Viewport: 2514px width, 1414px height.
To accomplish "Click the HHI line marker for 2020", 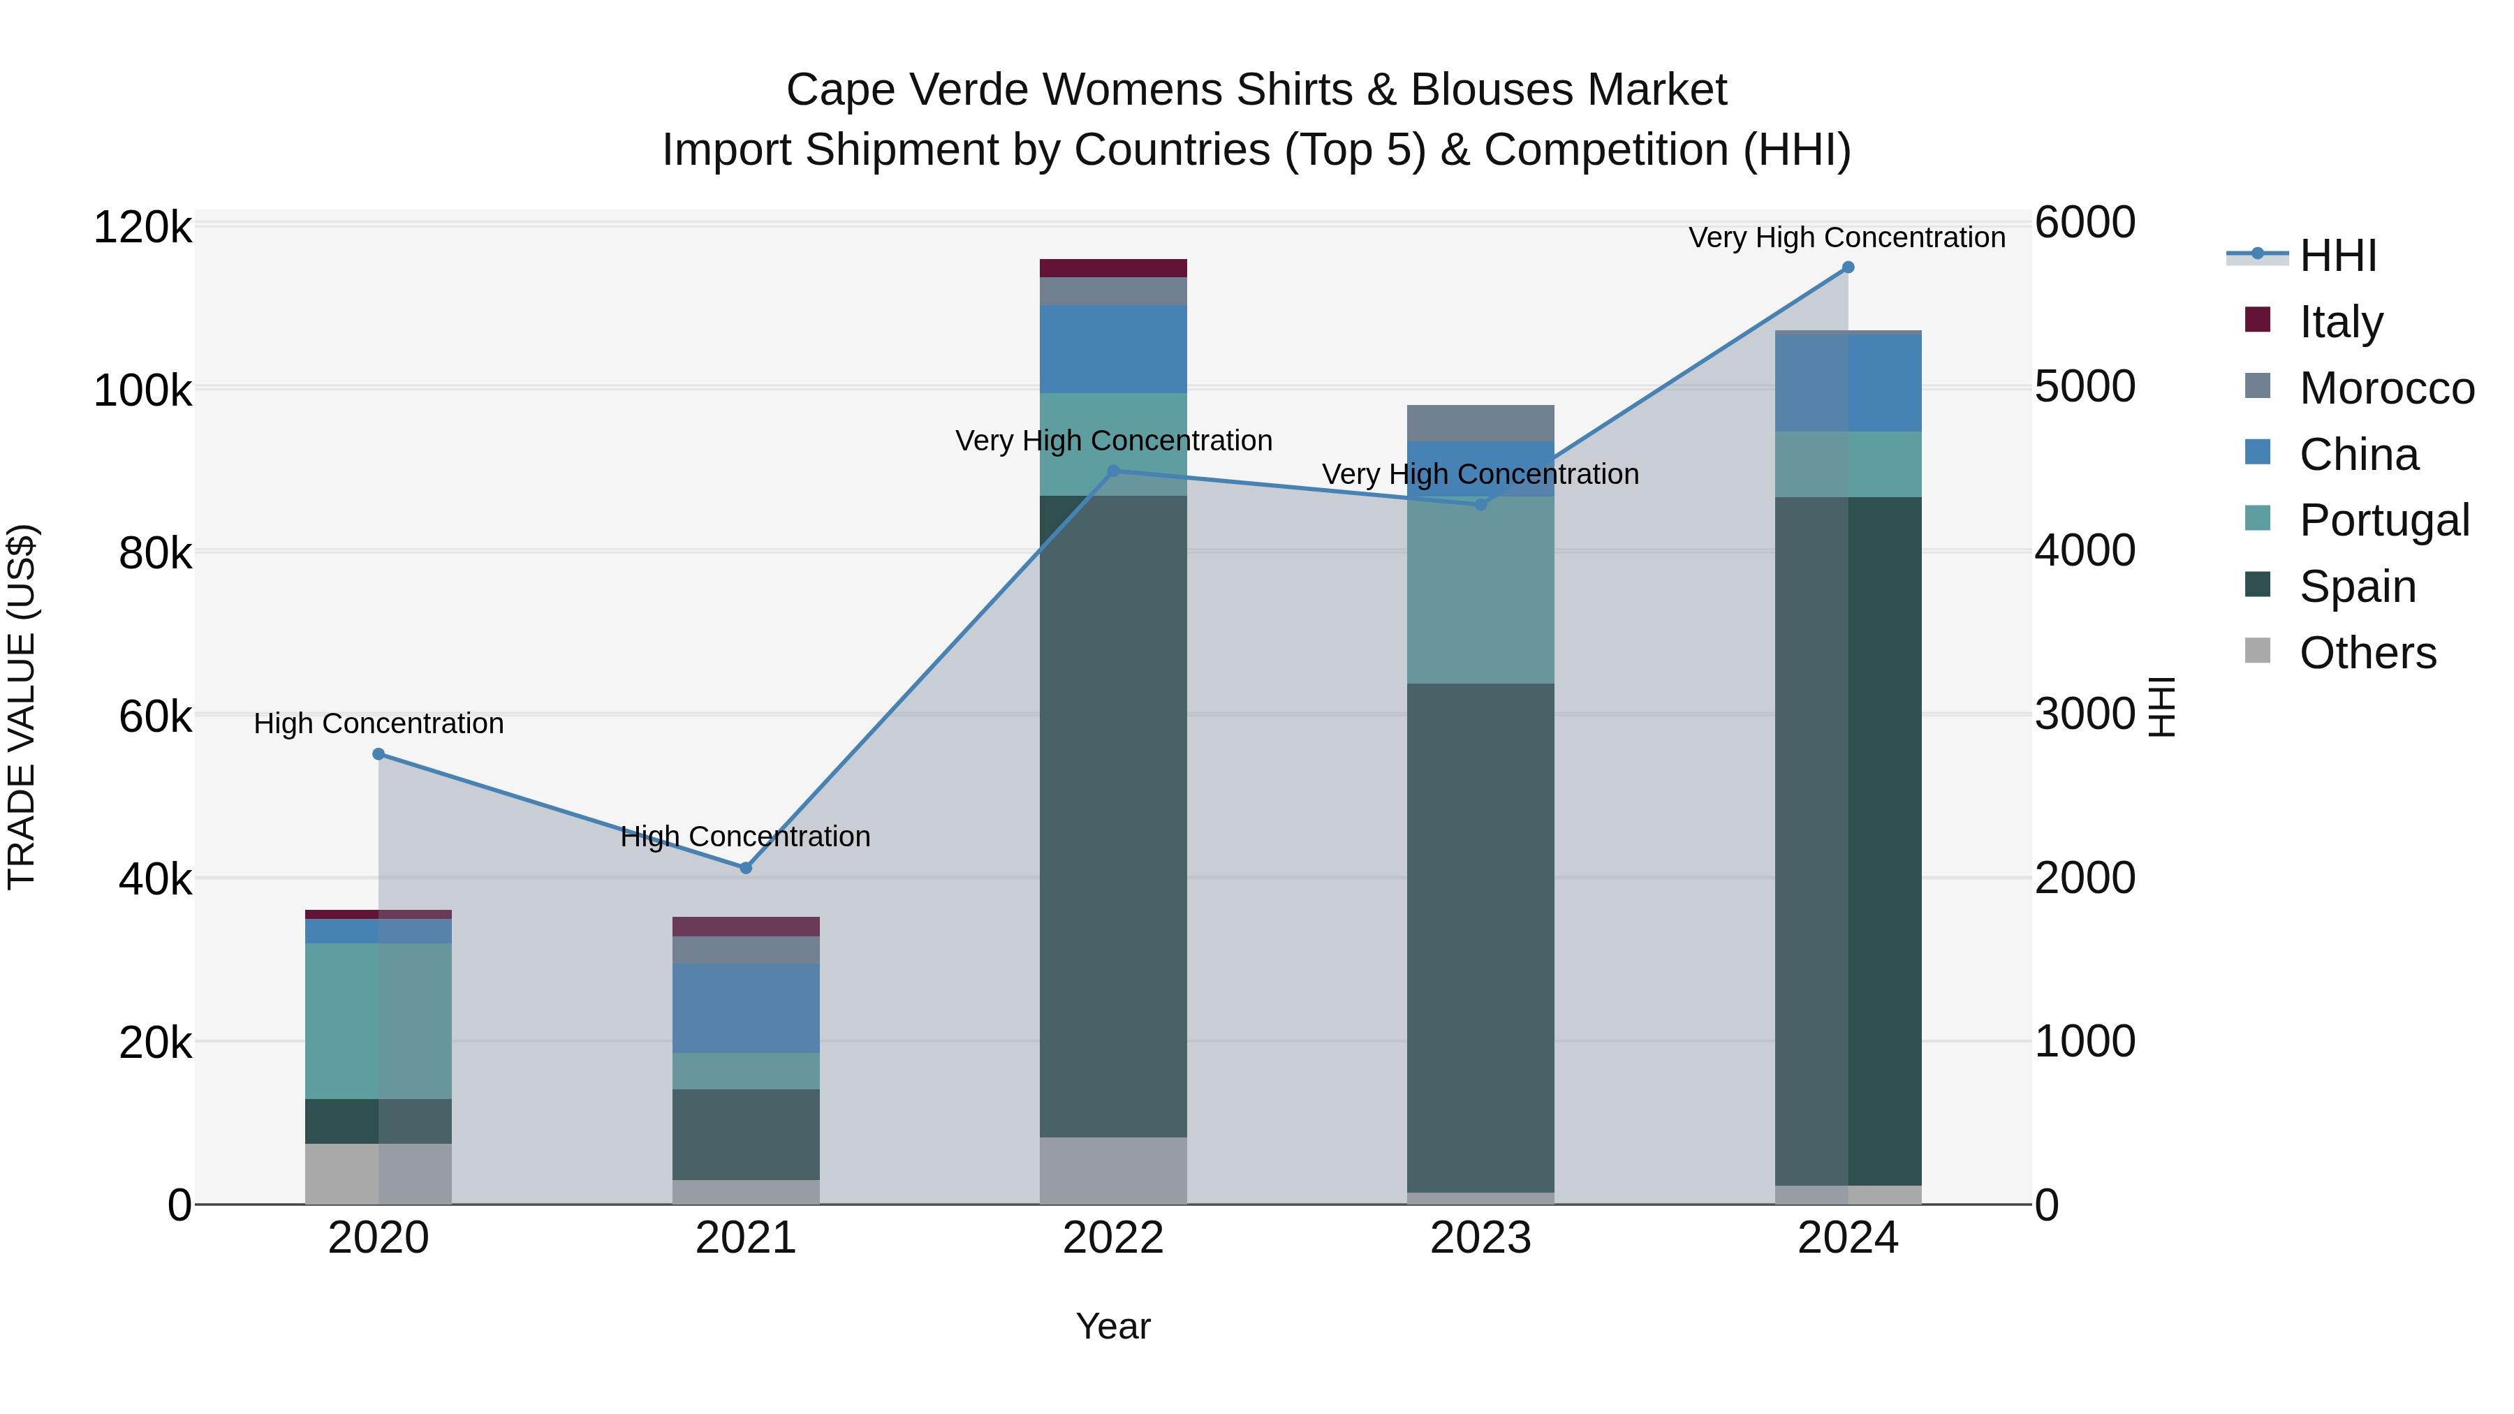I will [378, 754].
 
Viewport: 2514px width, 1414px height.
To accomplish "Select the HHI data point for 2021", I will [746, 867].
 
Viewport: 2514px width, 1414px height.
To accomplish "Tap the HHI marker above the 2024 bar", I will [1847, 267].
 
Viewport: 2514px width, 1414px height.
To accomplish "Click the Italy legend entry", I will [2340, 322].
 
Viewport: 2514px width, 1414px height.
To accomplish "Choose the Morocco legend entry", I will [2386, 388].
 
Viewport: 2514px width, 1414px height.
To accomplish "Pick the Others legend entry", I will [2367, 653].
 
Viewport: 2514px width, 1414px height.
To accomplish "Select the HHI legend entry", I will [2337, 256].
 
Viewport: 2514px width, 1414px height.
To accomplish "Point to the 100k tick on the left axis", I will [142, 391].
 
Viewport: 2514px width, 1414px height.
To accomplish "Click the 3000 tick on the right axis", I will [2085, 714].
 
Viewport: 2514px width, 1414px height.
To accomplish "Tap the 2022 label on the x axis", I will [1112, 1238].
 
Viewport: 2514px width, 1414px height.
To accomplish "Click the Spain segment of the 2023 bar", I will [1480, 937].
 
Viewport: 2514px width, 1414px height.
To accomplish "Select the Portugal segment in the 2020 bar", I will [378, 1021].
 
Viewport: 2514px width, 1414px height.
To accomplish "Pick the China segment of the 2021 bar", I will [746, 1008].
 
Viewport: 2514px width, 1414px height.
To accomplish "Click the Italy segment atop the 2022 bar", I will [1112, 268].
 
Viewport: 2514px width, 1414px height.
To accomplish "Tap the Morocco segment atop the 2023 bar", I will [1480, 422].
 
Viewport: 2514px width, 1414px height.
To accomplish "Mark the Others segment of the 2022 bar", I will [1112, 1170].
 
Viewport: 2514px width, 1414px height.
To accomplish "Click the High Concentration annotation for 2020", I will [378, 724].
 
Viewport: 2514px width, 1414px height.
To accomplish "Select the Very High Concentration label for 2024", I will [1846, 238].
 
